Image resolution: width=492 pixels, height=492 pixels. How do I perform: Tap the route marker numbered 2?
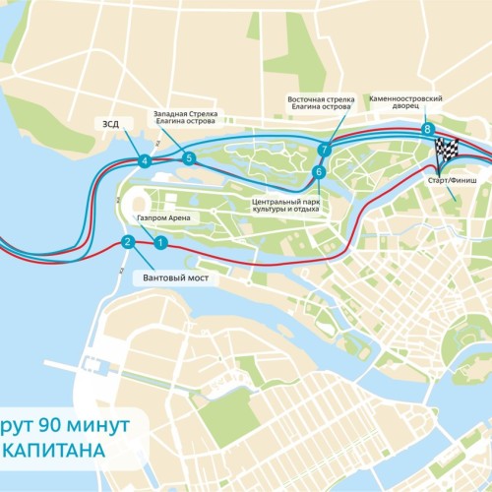tap(127, 242)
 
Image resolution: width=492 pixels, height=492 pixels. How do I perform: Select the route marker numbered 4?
tap(145, 161)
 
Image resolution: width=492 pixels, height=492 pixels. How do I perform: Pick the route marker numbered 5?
tap(189, 157)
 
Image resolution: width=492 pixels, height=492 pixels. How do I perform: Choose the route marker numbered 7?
tap(323, 150)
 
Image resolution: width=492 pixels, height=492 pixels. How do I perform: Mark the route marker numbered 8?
tap(426, 129)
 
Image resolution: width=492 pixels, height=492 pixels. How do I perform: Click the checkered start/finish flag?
tap(447, 152)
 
